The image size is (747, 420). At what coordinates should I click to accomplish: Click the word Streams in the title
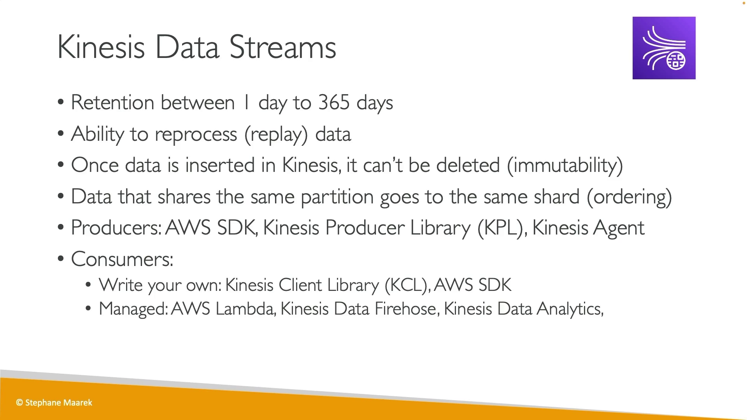[282, 47]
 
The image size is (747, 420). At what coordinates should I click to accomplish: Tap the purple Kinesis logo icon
[664, 48]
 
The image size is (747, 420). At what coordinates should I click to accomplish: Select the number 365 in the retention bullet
[334, 102]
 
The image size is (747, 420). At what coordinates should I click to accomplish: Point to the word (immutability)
[565, 166]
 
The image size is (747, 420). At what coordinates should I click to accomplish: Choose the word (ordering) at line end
[629, 197]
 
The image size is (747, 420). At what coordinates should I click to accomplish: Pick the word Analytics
[570, 309]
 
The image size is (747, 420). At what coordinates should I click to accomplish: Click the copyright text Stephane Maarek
[54, 403]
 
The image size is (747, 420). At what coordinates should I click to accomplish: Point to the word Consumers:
[122, 259]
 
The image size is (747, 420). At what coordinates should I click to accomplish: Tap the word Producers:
[116, 228]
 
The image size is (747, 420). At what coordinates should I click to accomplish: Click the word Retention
[112, 103]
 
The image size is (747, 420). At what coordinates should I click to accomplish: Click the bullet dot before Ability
[60, 133]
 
